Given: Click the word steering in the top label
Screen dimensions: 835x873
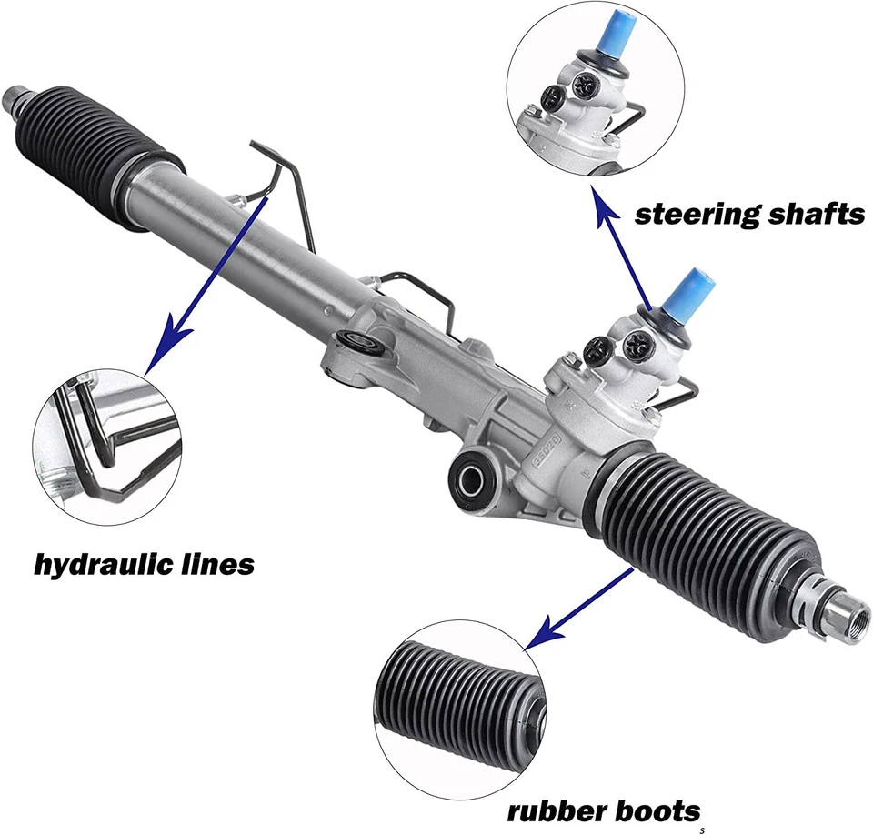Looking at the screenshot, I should point(697,215).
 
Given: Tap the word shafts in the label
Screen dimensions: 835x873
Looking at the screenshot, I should point(816,215).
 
